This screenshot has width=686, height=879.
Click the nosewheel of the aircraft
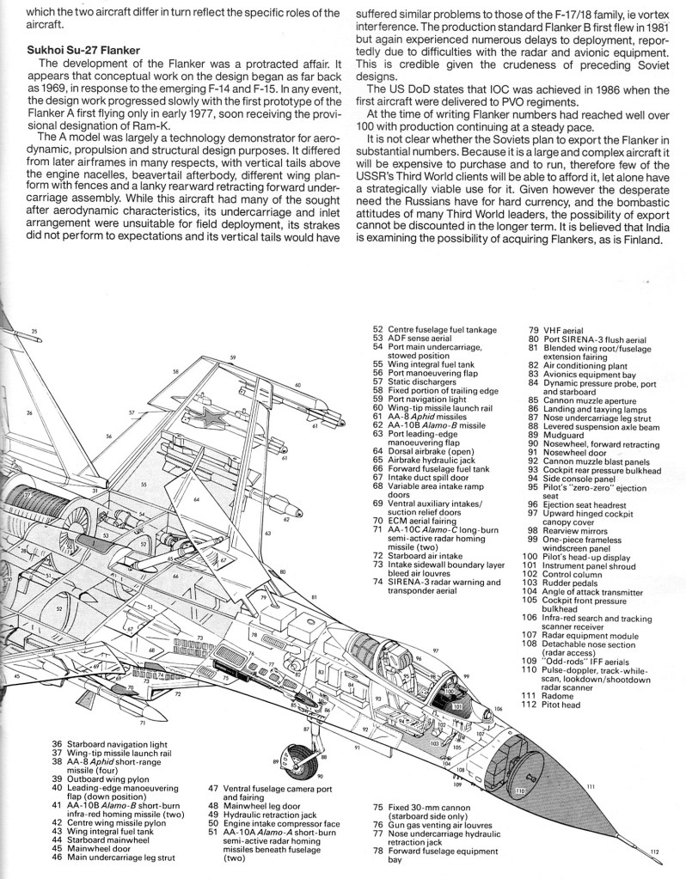tap(297, 760)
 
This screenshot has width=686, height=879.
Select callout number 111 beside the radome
tap(591, 787)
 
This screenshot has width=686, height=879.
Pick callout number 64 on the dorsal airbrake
tap(197, 499)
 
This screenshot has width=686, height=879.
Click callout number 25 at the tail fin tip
tap(34, 331)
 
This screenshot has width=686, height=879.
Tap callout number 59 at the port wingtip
tap(232, 357)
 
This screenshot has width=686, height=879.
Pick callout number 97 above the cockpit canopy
tap(436, 650)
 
